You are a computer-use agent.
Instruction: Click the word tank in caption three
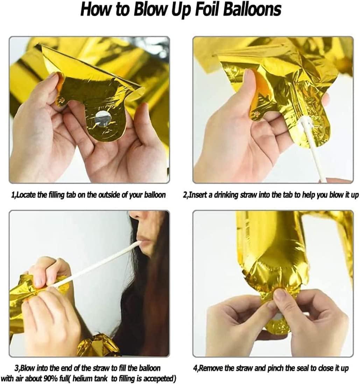coord(100,378)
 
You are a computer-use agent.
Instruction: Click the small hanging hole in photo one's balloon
coord(62,100)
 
